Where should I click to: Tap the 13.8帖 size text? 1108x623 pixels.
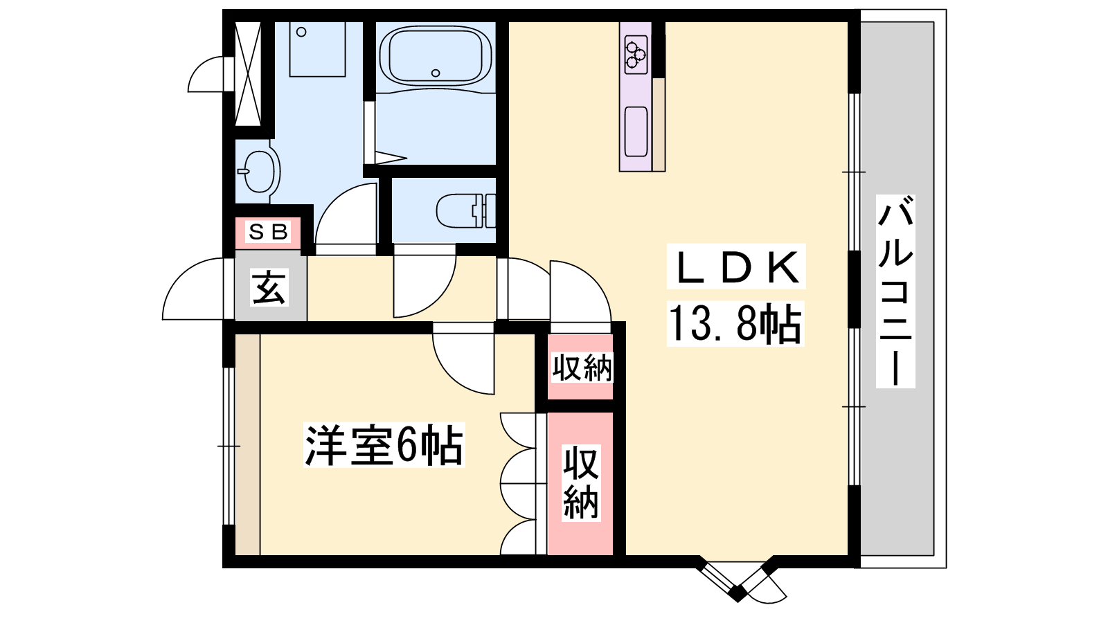735,324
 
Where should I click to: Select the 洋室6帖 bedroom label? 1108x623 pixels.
384,445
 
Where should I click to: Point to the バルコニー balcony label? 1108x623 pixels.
895,291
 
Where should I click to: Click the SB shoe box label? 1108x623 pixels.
267,231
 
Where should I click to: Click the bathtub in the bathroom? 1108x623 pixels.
436,56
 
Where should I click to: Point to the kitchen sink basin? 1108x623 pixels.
636,131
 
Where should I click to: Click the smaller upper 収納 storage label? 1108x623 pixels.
582,368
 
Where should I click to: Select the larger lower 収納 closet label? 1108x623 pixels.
581,482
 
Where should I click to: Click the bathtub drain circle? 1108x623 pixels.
436,73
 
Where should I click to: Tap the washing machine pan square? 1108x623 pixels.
317,49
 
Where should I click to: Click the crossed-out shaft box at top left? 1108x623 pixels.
247,73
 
